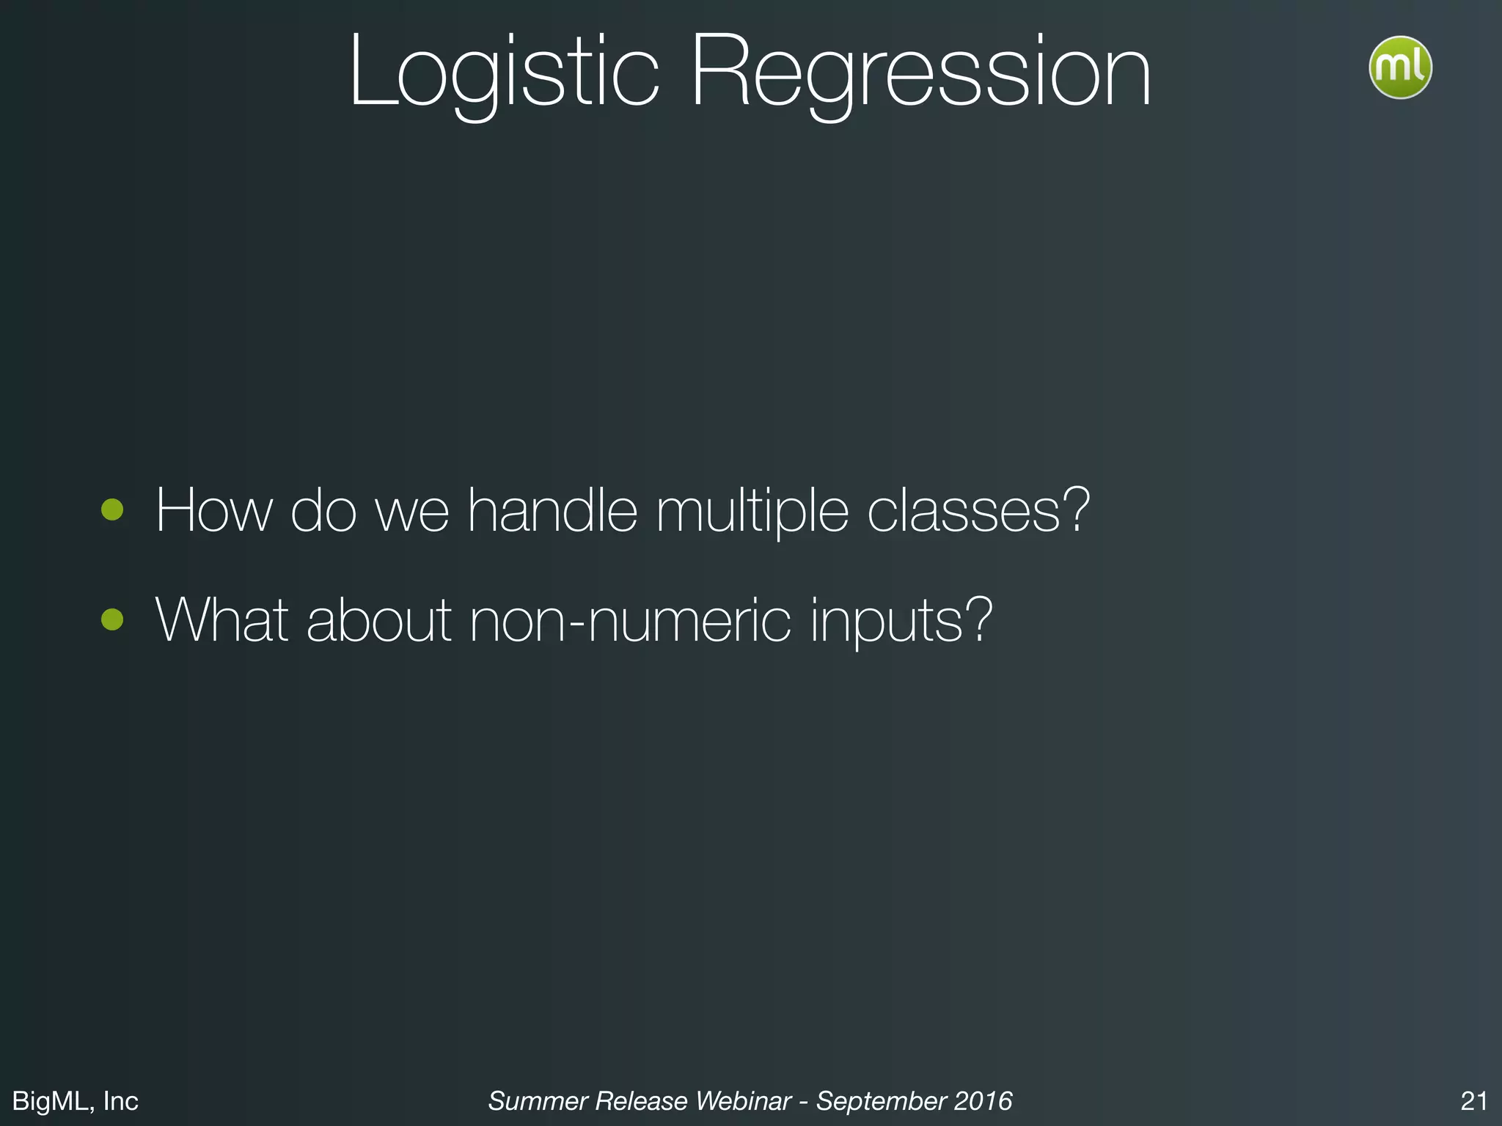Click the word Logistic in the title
click(505, 73)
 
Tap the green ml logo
click(1400, 67)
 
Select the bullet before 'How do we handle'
click(112, 509)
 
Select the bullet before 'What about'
click(112, 619)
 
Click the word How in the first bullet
click(213, 510)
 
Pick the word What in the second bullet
click(222, 620)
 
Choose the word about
click(378, 620)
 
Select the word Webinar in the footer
click(743, 1101)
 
